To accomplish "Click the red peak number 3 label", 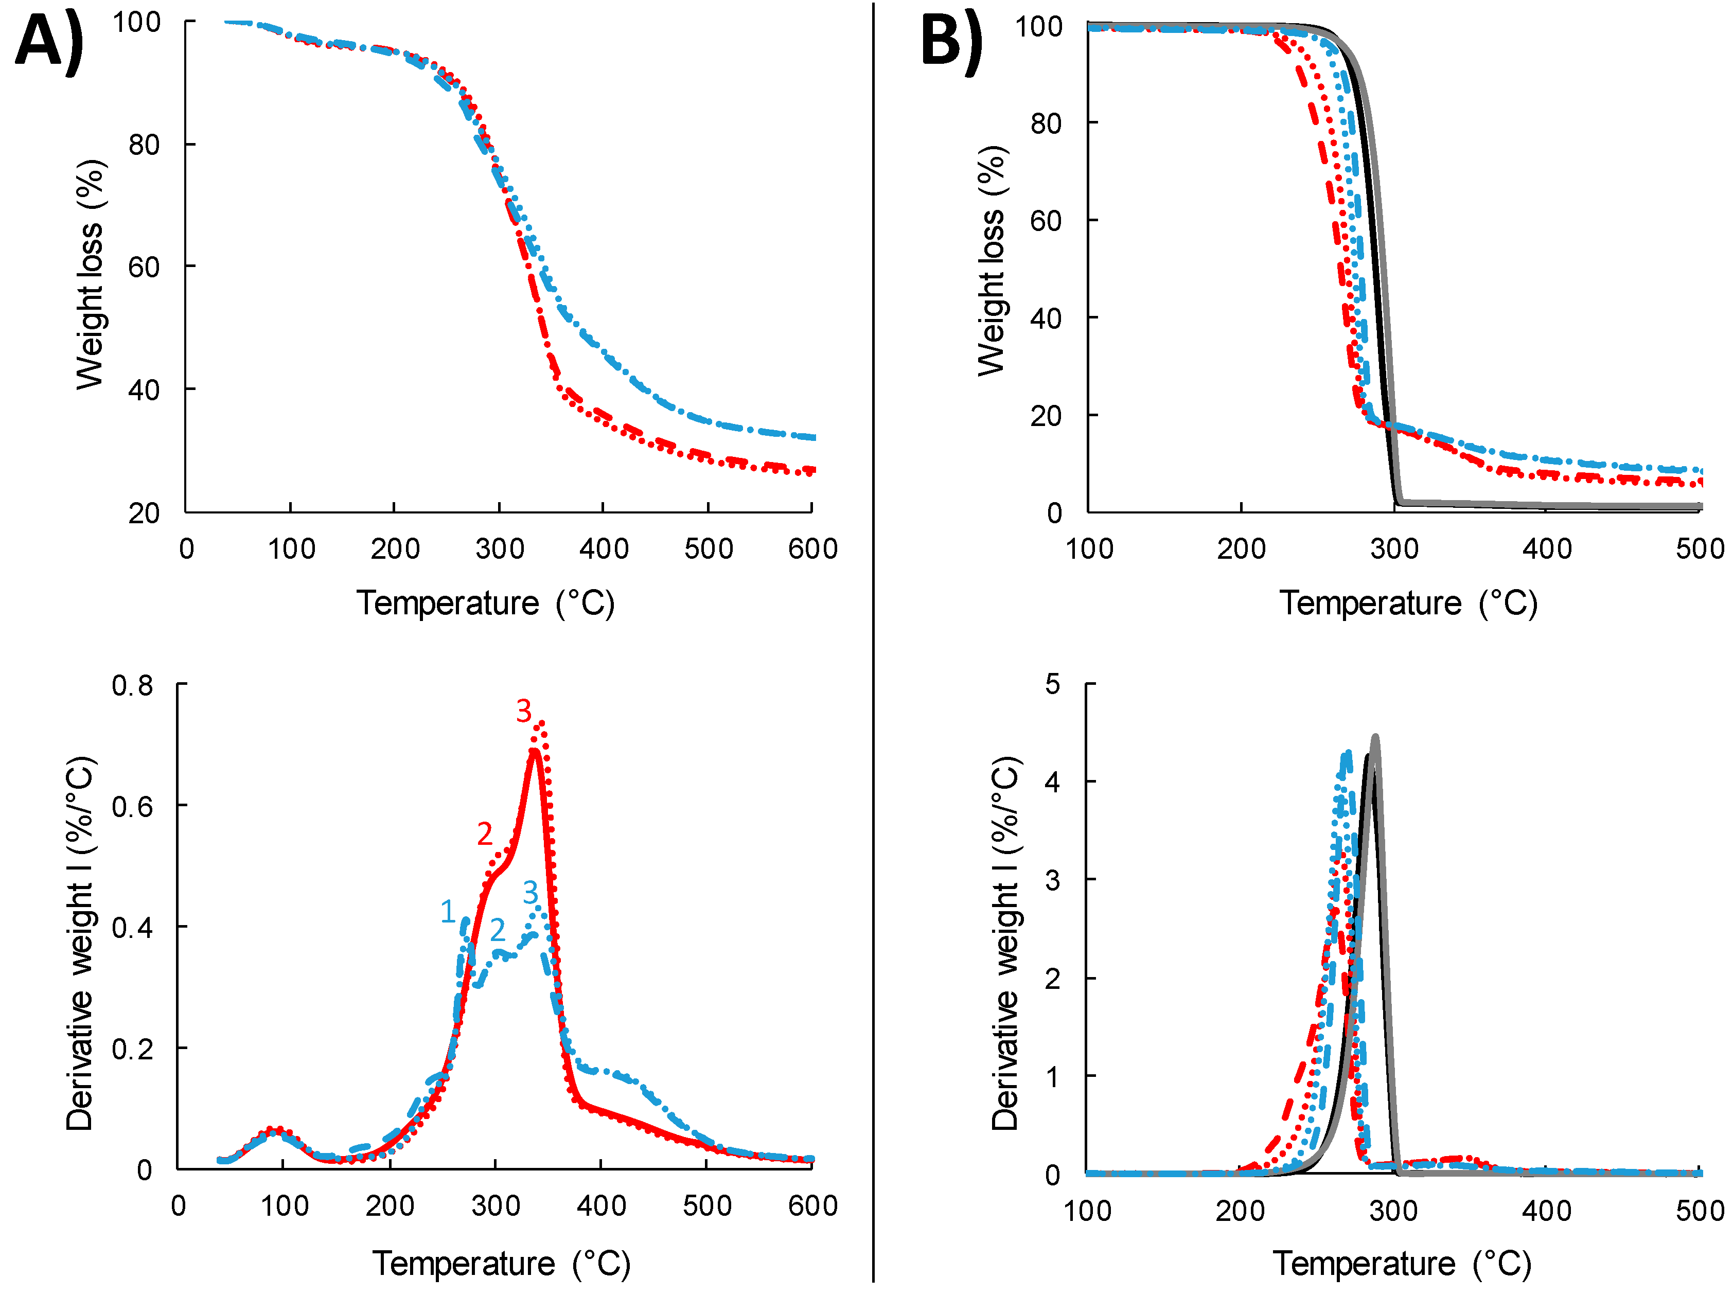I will click(x=523, y=712).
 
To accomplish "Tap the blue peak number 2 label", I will click(x=498, y=930).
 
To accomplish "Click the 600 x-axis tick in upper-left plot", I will click(x=812, y=548).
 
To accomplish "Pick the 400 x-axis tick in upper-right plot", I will click(x=1547, y=548).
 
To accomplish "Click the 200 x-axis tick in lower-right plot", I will click(x=1240, y=1211).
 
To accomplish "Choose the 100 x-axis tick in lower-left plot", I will click(x=285, y=1205).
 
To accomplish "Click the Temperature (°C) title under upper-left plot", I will click(x=486, y=603).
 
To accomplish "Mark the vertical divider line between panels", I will click(x=873, y=643).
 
